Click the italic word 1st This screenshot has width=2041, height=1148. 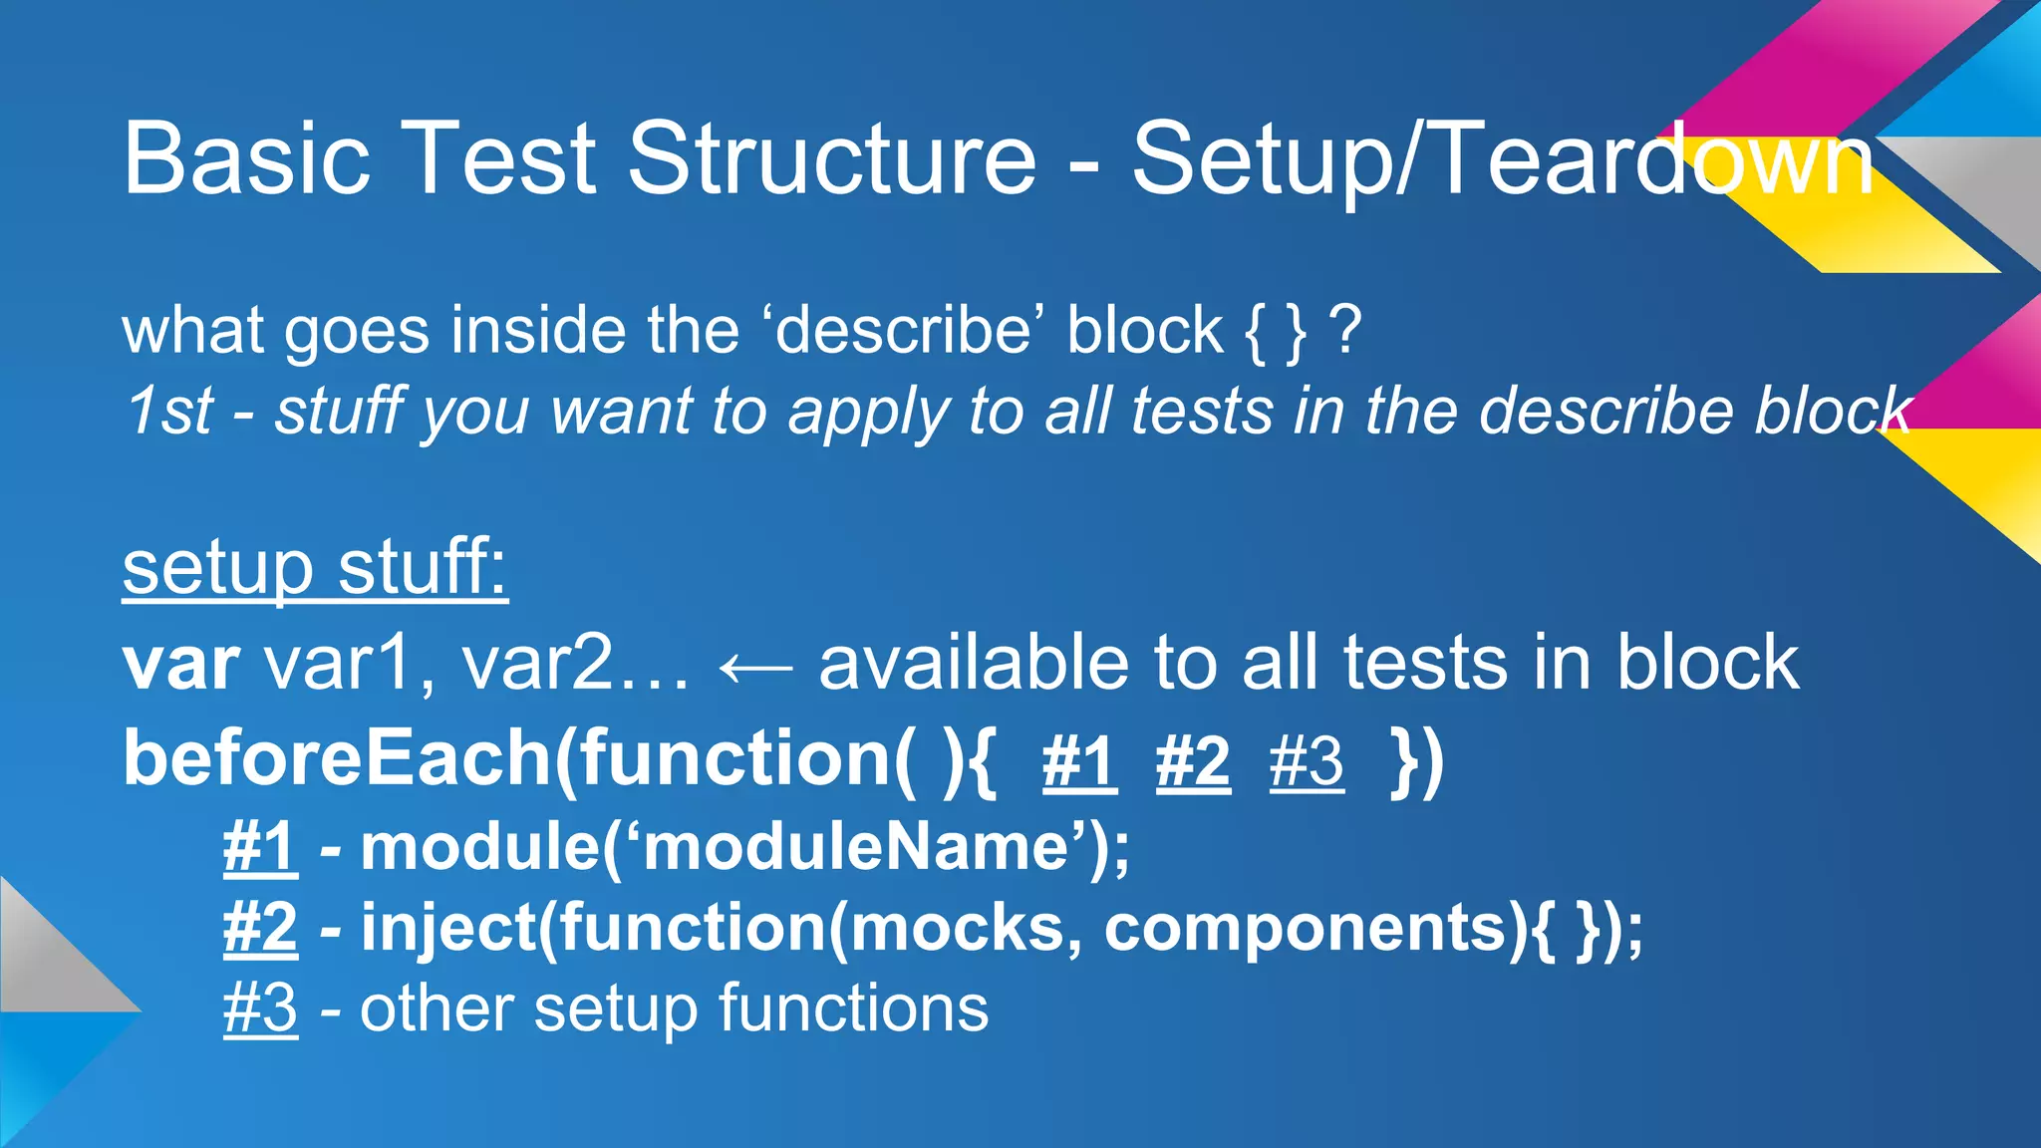168,411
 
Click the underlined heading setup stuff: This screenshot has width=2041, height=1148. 315,567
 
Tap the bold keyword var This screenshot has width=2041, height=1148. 180,664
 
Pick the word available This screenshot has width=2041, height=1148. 973,663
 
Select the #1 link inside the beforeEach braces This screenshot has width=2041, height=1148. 1079,763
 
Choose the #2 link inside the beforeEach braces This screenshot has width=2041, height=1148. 1193,763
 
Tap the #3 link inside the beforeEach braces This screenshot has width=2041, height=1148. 1307,763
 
